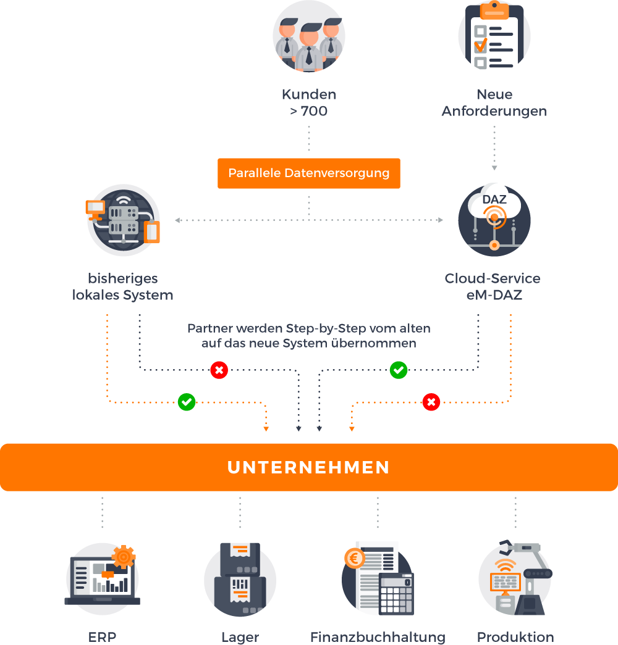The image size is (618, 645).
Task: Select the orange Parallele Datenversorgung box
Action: (x=308, y=173)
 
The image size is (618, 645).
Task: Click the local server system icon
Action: (x=123, y=220)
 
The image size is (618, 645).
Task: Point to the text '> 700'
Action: (x=308, y=112)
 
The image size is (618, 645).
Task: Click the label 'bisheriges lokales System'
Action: (x=122, y=286)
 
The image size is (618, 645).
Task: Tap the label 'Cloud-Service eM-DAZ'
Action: (x=493, y=286)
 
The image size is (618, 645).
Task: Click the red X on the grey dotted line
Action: (x=219, y=370)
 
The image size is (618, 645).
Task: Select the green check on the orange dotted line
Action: (x=187, y=402)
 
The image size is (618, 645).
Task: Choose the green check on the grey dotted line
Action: (x=399, y=370)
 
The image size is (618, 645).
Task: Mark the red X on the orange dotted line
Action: (x=431, y=402)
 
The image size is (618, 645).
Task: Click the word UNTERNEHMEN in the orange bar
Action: (x=308, y=467)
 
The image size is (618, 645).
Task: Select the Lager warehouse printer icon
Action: (x=240, y=578)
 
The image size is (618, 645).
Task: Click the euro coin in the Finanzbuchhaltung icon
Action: (x=355, y=559)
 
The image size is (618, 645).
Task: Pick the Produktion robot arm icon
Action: (x=515, y=578)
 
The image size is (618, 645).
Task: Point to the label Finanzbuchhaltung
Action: (x=378, y=637)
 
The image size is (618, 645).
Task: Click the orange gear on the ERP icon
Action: (x=124, y=557)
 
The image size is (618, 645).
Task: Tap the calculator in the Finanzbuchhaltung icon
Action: (x=396, y=593)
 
